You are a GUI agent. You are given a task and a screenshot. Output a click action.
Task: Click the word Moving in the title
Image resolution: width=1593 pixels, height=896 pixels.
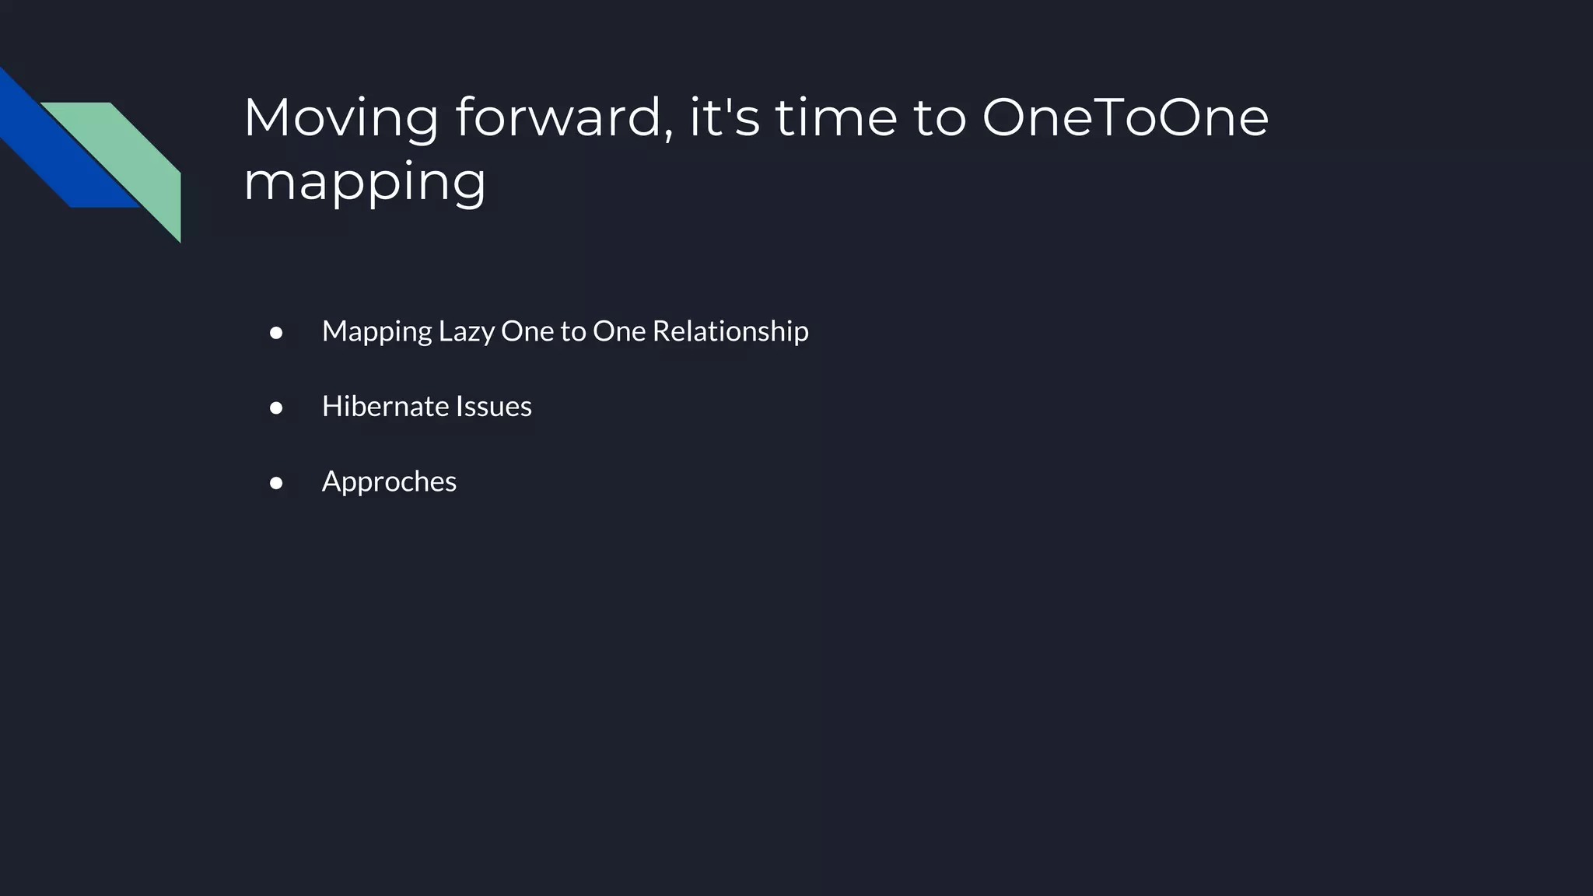[x=341, y=117]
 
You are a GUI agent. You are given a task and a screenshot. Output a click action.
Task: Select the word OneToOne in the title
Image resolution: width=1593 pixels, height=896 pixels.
[x=1125, y=117]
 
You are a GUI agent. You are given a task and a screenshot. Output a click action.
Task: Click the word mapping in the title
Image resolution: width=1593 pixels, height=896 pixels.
[x=364, y=183]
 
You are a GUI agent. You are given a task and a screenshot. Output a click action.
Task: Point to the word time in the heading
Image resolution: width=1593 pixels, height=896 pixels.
[x=836, y=117]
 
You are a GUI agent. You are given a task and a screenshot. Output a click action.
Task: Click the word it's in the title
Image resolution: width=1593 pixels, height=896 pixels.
[x=724, y=117]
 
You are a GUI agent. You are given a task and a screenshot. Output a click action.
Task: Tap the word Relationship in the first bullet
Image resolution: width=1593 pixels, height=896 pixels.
[x=730, y=332]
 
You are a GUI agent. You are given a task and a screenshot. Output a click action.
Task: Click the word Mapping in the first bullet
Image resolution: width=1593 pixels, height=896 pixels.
[x=376, y=332]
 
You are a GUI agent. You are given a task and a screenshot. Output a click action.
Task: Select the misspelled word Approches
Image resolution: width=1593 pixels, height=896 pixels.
[x=389, y=482]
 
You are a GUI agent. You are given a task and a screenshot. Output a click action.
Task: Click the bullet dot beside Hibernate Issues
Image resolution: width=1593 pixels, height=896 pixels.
[x=276, y=408]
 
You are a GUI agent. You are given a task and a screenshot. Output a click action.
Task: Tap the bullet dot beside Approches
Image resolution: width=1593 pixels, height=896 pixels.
[x=276, y=483]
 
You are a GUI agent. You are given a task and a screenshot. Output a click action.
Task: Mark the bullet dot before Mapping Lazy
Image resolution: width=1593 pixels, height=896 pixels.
[x=276, y=333]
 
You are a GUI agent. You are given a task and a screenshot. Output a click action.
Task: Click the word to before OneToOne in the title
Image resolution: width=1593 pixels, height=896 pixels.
[x=940, y=117]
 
